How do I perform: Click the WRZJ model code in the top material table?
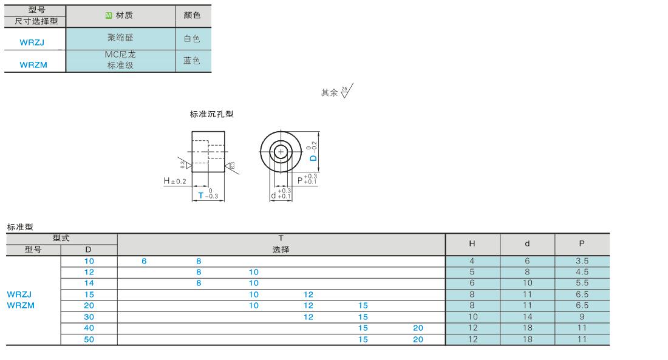pyautogui.click(x=32, y=42)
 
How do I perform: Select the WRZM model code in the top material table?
pyautogui.click(x=33, y=65)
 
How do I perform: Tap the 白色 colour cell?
pyautogui.click(x=192, y=39)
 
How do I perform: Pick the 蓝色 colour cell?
pyautogui.click(x=192, y=61)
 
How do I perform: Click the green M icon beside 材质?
pyautogui.click(x=108, y=15)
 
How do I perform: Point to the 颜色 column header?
pyautogui.click(x=192, y=15)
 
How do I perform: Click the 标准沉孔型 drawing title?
pyautogui.click(x=212, y=114)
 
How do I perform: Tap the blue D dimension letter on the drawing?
pyautogui.click(x=313, y=158)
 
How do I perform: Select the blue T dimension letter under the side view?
pyautogui.click(x=201, y=195)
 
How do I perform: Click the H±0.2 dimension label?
pyautogui.click(x=175, y=181)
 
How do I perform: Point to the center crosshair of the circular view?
pyautogui.click(x=281, y=152)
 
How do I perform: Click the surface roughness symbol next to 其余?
pyautogui.click(x=347, y=91)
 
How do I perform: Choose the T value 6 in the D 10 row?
pyautogui.click(x=144, y=261)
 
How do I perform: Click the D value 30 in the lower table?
pyautogui.click(x=89, y=317)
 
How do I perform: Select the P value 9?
pyautogui.click(x=582, y=317)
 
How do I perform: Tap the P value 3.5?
pyautogui.click(x=582, y=261)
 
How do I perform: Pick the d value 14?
pyautogui.click(x=527, y=317)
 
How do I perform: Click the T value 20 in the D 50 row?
pyautogui.click(x=418, y=339)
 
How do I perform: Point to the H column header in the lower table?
pyautogui.click(x=472, y=243)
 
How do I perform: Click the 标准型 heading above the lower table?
pyautogui.click(x=20, y=227)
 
